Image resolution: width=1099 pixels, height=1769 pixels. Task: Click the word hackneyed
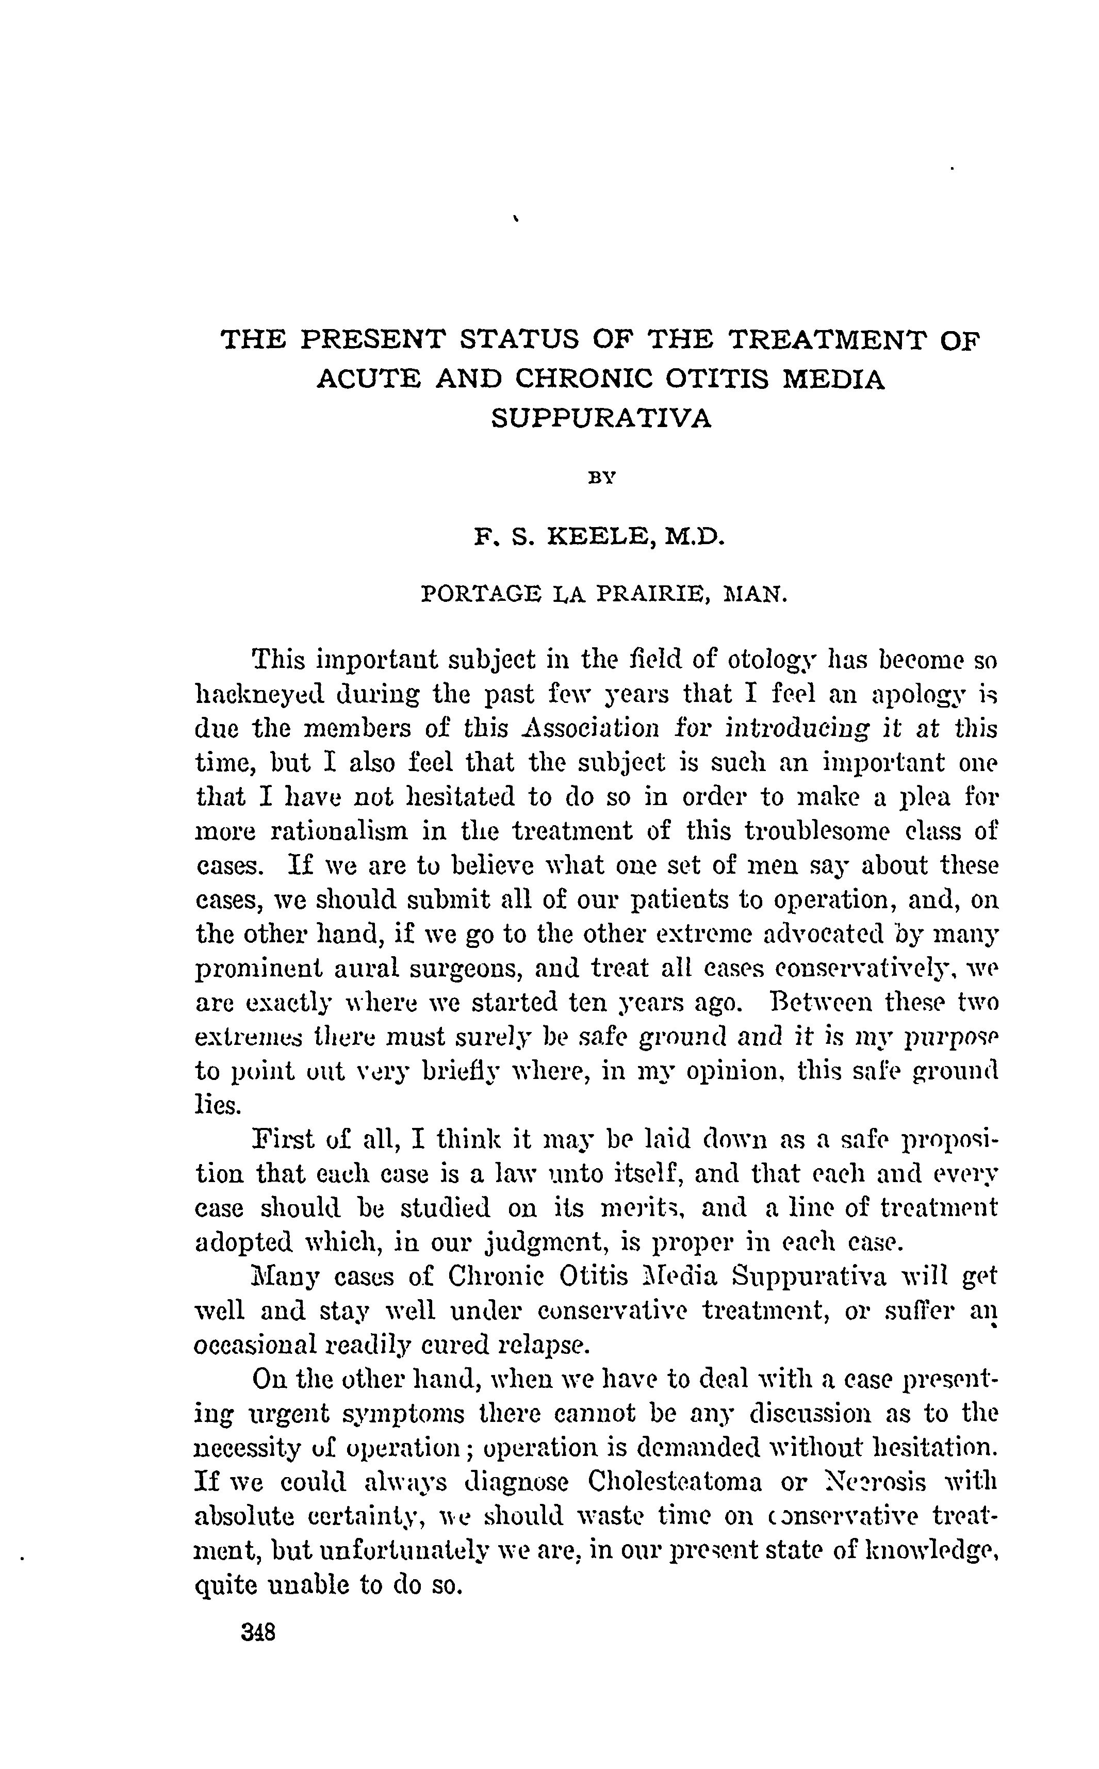click(263, 696)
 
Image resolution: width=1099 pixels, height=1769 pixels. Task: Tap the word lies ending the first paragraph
click(218, 1105)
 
